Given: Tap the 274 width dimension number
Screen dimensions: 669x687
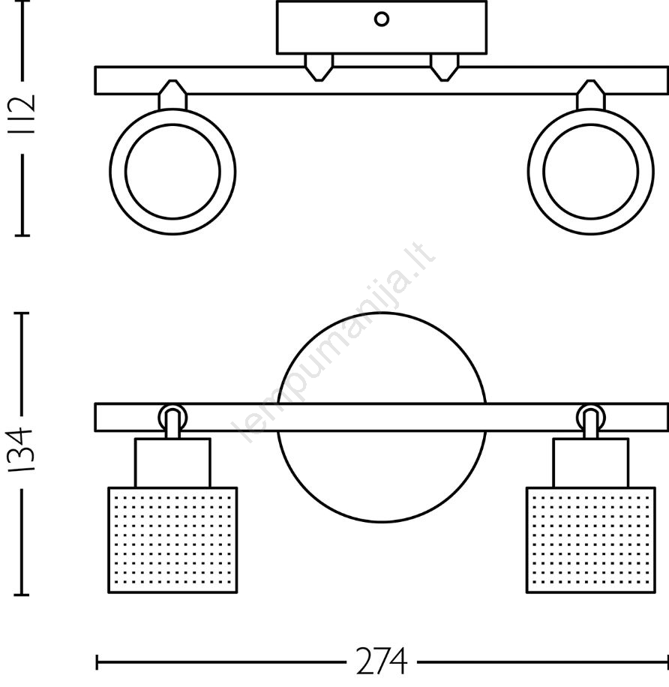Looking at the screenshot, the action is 382,661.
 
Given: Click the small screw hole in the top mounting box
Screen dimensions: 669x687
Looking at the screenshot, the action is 382,19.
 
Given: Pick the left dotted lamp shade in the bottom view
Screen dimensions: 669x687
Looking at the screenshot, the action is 172,540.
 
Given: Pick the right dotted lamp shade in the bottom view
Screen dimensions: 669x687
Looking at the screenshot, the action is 590,540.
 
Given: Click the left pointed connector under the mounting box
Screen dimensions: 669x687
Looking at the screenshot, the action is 319,67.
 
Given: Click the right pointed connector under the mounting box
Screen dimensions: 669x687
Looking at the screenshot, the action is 444,67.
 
